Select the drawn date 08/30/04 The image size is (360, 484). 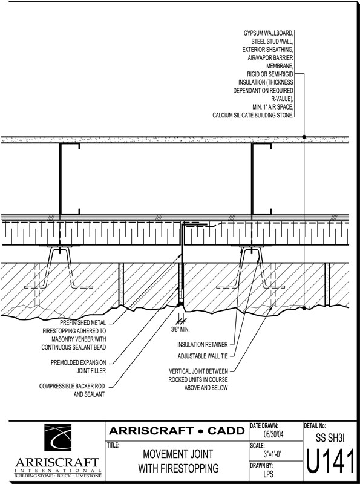[x=273, y=434]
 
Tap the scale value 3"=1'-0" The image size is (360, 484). [x=273, y=454]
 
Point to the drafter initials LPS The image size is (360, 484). [x=268, y=474]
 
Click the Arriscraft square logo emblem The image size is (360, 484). [x=57, y=437]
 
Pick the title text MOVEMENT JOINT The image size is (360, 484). [x=178, y=454]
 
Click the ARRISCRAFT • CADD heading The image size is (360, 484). [x=177, y=431]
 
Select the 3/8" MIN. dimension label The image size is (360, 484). [x=180, y=329]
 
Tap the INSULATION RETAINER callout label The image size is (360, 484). [x=203, y=344]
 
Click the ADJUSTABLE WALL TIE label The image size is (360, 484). [x=203, y=356]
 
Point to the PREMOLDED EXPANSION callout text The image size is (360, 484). [x=79, y=362]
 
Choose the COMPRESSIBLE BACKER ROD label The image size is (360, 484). [x=72, y=386]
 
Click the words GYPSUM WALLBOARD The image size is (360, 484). [x=268, y=33]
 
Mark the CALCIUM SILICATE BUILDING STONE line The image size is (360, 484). [x=253, y=115]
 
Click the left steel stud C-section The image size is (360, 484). [x=70, y=178]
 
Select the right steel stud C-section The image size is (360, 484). [x=261, y=178]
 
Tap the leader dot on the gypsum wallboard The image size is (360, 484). [x=304, y=137]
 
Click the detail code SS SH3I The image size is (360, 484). [x=330, y=437]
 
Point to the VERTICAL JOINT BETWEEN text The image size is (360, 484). [x=198, y=371]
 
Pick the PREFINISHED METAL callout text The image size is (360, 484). [x=83, y=323]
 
